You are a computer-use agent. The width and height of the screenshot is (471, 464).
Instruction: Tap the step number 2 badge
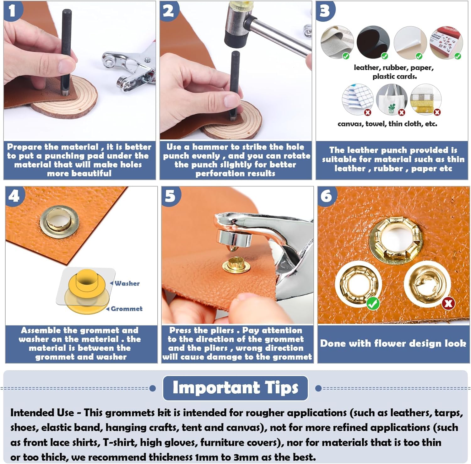169,11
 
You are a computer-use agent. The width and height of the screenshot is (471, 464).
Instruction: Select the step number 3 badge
325,11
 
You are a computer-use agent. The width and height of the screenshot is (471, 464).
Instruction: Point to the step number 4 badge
14,196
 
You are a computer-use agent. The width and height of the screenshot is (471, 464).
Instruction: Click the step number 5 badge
170,196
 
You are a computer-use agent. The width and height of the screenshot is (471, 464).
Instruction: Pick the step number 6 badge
326,196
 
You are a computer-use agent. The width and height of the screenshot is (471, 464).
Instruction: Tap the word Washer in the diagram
127,283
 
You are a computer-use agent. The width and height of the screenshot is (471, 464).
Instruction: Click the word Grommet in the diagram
127,309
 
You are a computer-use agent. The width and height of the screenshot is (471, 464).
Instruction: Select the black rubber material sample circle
373,42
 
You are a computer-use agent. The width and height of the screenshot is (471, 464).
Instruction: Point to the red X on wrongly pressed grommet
448,303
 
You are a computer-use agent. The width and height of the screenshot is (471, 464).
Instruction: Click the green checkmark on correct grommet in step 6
373,304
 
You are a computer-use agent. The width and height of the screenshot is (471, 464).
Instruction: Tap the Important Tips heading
235,388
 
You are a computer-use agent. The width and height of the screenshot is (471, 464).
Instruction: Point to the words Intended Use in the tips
42,413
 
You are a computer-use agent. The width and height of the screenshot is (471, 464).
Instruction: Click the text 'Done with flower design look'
393,343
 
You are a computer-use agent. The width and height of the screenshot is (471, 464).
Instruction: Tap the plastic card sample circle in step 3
446,42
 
